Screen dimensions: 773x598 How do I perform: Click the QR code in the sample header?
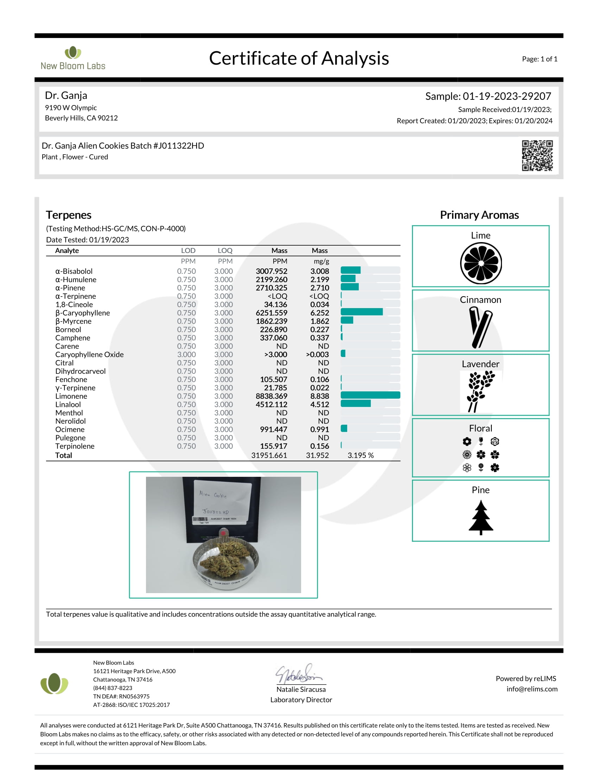tap(537, 155)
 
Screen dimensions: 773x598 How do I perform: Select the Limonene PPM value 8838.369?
tap(271, 396)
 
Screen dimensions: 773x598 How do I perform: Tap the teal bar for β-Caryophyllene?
tap(361, 312)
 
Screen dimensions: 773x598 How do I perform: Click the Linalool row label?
tap(68, 404)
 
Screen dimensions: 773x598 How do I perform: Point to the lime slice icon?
tap(481, 263)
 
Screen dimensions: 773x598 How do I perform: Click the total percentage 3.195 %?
tap(360, 455)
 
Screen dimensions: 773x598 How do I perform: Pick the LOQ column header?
tap(225, 251)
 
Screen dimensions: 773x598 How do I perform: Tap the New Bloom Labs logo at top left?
tap(73, 58)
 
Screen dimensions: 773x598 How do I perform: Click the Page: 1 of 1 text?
tap(539, 59)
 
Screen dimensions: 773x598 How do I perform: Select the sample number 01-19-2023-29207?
tap(507, 96)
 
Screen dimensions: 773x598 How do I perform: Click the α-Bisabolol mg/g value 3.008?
tap(319, 271)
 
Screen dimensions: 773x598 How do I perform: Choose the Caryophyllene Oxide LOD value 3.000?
tap(186, 355)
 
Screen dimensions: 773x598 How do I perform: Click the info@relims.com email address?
tap(532, 689)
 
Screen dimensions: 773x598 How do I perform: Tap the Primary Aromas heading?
tap(479, 215)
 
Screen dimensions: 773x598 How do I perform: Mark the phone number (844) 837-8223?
tap(113, 688)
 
